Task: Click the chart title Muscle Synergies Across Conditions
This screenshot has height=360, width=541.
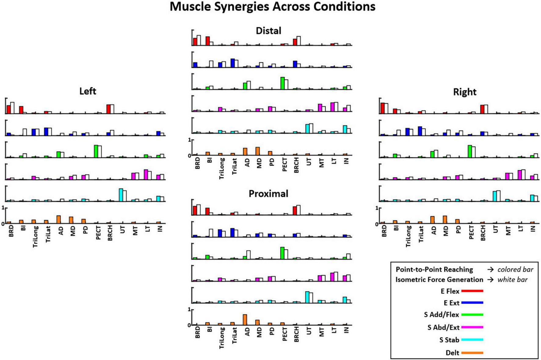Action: tap(272, 7)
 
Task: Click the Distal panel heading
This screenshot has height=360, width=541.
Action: tap(268, 31)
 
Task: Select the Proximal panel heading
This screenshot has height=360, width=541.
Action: tap(268, 194)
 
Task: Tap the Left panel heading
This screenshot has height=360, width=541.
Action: tap(88, 91)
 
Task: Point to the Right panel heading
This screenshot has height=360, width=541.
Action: tap(464, 92)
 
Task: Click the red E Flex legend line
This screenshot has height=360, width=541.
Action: tap(472, 291)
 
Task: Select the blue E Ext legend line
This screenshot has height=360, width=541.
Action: tap(472, 303)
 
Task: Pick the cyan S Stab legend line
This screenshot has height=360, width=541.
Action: tap(472, 340)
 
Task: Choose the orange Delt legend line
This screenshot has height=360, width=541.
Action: tap(472, 353)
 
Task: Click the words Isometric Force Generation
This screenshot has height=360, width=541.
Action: tap(439, 279)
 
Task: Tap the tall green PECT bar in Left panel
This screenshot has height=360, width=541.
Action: tap(96, 151)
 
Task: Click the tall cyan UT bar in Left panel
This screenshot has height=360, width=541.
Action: tap(121, 195)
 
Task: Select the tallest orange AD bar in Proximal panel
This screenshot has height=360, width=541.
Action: tap(245, 319)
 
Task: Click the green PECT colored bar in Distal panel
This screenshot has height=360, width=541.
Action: tap(282, 83)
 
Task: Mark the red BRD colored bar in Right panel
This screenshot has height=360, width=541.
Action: tap(382, 108)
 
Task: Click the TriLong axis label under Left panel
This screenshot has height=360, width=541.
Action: tap(35, 236)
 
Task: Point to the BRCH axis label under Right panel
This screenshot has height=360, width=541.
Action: tap(483, 233)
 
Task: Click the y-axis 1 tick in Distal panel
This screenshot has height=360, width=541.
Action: tap(189, 140)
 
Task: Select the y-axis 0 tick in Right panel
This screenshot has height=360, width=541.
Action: tap(377, 224)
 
